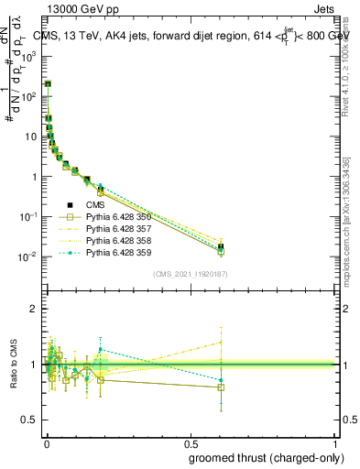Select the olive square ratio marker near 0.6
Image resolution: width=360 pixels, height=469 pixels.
click(x=220, y=387)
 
